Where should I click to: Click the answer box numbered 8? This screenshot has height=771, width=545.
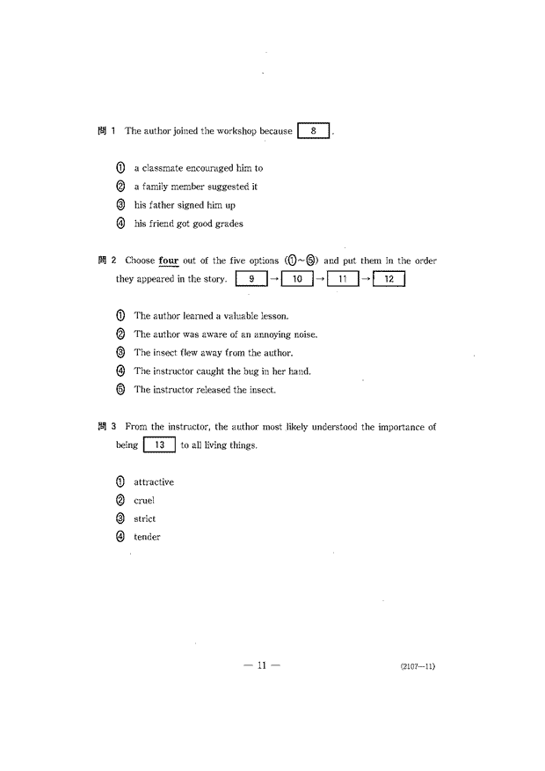315,131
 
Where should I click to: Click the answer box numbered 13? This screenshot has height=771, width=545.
159,445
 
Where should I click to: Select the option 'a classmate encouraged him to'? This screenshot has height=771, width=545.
198,167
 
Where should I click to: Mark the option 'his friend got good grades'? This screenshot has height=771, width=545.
188,224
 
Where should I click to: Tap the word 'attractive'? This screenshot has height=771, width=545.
154,482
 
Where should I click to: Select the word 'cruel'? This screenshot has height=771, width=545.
144,501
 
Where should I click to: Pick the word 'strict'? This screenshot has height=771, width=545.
145,519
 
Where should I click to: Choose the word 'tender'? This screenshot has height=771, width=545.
147,537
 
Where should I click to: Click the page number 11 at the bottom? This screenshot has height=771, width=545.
261,665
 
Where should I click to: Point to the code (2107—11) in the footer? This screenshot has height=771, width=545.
417,666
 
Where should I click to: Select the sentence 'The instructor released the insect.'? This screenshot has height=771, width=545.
205,390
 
